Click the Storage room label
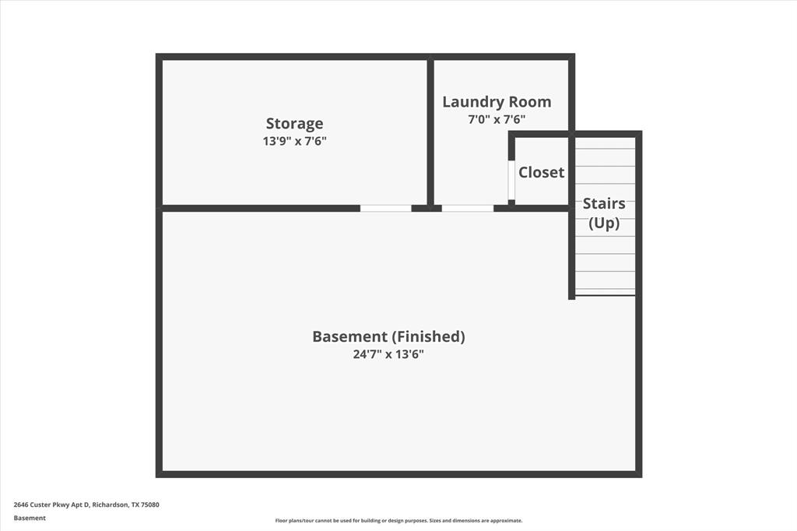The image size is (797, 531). pyautogui.click(x=294, y=123)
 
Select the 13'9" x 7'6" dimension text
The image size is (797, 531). pyautogui.click(x=294, y=142)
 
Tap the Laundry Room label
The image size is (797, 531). pyautogui.click(x=497, y=102)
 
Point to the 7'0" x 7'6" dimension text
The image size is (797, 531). pyautogui.click(x=497, y=120)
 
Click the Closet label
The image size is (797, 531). pyautogui.click(x=541, y=172)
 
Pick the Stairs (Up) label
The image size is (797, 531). pyautogui.click(x=604, y=213)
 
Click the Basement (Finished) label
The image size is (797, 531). pyautogui.click(x=388, y=336)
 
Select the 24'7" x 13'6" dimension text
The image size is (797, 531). pyautogui.click(x=388, y=354)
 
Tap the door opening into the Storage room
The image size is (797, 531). pyautogui.click(x=385, y=208)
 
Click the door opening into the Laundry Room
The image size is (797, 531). pyautogui.click(x=467, y=208)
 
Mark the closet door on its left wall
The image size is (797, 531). pyautogui.click(x=511, y=181)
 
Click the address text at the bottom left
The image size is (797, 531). pyautogui.click(x=86, y=505)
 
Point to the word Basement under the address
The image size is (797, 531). pyautogui.click(x=30, y=518)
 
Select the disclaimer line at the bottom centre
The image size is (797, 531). pyautogui.click(x=398, y=521)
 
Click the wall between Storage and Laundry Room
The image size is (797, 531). pyautogui.click(x=430, y=132)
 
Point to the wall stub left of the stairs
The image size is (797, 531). pyautogui.click(x=572, y=257)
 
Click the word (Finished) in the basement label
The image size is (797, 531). pyautogui.click(x=429, y=336)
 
